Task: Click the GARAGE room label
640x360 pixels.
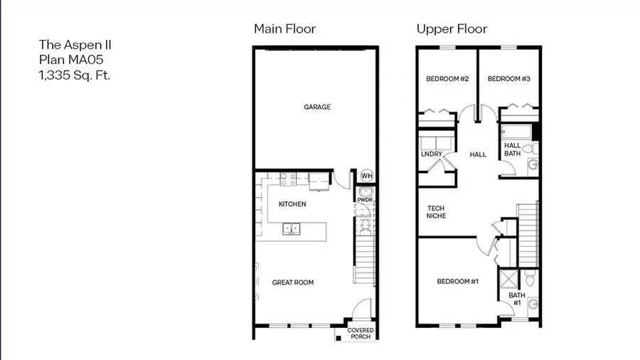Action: tap(317, 107)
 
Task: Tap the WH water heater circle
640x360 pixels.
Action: tap(366, 176)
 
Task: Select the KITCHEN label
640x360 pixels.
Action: tap(292, 204)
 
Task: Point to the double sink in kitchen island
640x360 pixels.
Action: tap(291, 229)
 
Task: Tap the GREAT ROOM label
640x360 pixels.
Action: tap(293, 282)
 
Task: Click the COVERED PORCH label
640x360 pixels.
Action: tap(361, 334)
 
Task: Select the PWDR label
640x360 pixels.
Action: tap(365, 200)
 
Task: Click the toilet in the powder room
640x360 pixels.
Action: tap(365, 226)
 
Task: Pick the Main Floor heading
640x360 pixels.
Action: tap(284, 29)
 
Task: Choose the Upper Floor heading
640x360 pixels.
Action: tap(452, 29)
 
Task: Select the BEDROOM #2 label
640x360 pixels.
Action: tap(447, 79)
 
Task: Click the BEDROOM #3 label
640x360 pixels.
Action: tap(509, 79)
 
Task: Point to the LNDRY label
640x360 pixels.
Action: tap(431, 154)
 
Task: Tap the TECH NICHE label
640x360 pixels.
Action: tap(437, 212)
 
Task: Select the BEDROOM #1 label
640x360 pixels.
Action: tap(457, 282)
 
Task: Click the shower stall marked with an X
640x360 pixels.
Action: tap(509, 278)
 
